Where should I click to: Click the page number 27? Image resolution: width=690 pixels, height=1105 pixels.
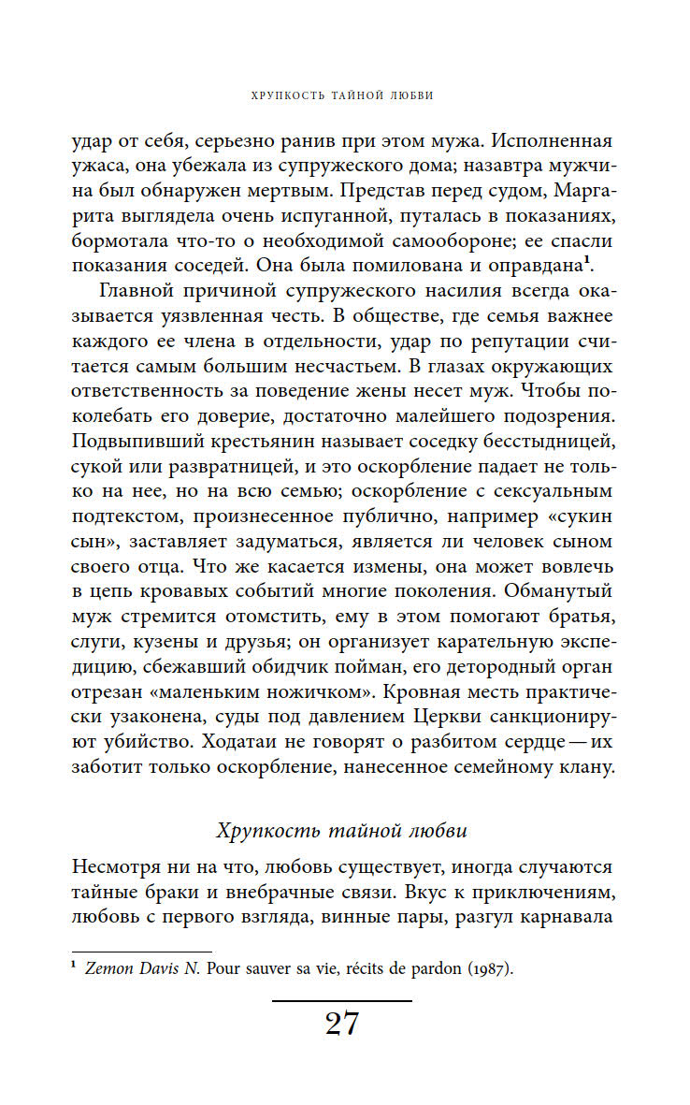(x=341, y=1025)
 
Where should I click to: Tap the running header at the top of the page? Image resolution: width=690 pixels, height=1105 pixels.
(x=342, y=95)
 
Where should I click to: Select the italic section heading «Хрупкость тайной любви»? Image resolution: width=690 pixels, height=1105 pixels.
(x=341, y=830)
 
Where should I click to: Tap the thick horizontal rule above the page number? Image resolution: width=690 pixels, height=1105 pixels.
(x=341, y=1001)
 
